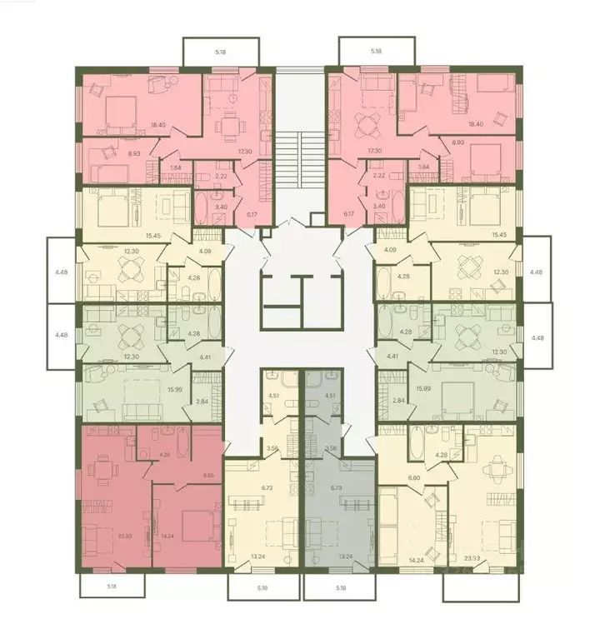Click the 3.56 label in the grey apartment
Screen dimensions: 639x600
click(331, 448)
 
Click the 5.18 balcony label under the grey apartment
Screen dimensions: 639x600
click(341, 588)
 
